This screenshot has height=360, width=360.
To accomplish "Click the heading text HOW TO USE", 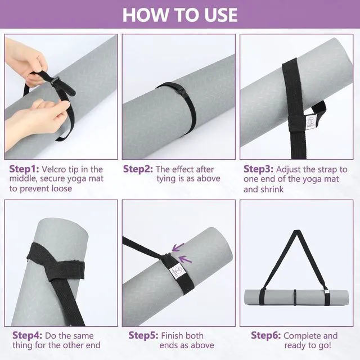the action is [x=180, y=15].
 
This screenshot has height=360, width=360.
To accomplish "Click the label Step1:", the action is [x=24, y=169].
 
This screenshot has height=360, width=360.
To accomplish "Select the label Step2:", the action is [x=138, y=169].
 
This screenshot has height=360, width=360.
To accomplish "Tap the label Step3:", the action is [x=259, y=169].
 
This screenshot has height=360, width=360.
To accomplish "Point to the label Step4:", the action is [x=28, y=335].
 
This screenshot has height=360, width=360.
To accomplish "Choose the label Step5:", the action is [x=143, y=335].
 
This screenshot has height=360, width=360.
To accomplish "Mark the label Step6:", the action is [x=266, y=335].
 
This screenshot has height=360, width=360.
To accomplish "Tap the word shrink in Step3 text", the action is [x=272, y=190].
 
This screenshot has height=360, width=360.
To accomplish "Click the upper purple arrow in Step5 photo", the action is [x=178, y=247].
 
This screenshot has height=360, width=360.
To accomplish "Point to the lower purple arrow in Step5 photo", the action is [x=185, y=259].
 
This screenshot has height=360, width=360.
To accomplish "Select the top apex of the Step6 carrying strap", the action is [x=297, y=231].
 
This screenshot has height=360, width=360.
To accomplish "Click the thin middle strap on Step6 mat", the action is [x=295, y=297].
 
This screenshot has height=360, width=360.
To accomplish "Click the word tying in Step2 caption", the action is [x=167, y=179].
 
